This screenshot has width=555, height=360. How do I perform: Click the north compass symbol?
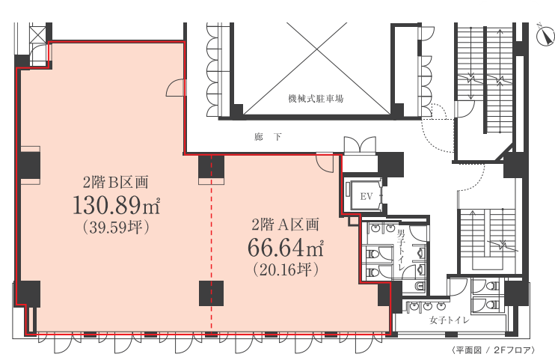click(545, 36)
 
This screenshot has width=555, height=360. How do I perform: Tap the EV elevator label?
click(367, 196)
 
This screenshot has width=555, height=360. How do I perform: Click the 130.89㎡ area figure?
click(117, 206)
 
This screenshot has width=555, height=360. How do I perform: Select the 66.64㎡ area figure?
click(285, 247)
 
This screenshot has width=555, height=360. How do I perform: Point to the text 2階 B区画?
click(116, 182)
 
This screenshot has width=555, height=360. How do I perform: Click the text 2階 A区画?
click(285, 225)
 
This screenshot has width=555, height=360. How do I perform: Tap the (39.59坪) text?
click(116, 227)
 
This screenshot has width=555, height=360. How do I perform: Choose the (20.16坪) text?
click(286, 269)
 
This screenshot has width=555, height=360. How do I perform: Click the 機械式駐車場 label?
click(316, 99)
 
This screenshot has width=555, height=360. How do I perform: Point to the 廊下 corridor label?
click(268, 137)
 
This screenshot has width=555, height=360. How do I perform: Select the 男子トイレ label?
click(401, 251)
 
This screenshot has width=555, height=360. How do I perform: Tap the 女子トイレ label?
click(450, 320)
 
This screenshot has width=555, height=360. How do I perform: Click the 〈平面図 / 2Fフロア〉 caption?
click(493, 350)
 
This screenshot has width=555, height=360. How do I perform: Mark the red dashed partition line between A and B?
click(212, 245)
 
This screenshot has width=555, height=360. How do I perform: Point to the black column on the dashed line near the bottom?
click(212, 293)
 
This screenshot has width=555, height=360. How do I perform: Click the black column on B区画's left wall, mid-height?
click(30, 165)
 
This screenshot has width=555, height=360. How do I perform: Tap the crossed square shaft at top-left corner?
click(38, 34)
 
